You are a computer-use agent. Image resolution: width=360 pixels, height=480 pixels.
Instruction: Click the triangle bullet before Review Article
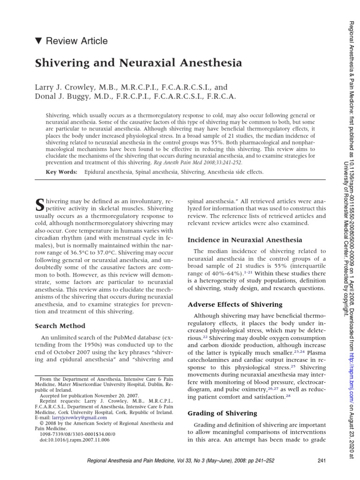pos(38,41)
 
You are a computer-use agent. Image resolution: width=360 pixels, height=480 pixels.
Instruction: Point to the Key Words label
pos(61,172)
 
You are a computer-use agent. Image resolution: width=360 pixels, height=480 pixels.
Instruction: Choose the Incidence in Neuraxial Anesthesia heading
pos(245,240)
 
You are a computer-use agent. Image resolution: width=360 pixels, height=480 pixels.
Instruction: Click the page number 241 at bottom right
pos(321,461)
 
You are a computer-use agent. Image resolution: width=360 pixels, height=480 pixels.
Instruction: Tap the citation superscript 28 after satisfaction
pos(288,396)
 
